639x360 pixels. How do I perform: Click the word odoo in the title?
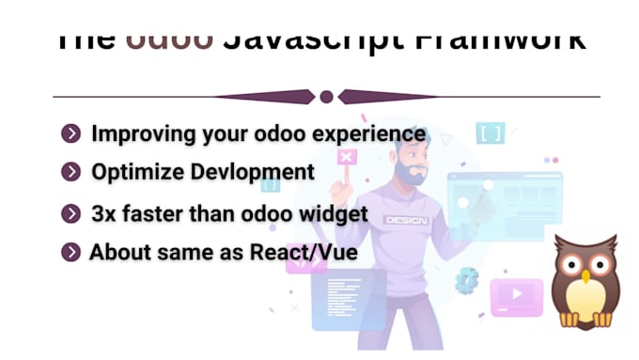pyautogui.click(x=168, y=39)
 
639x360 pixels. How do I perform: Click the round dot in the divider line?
pyautogui.click(x=326, y=97)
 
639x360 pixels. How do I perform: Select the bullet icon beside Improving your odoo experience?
pyautogui.click(x=70, y=134)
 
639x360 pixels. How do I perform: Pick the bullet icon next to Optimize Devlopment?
pyautogui.click(x=70, y=172)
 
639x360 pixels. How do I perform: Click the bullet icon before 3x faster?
pyautogui.click(x=70, y=214)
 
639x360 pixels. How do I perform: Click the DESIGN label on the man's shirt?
pyautogui.click(x=405, y=220)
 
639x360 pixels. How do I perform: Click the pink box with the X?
pyautogui.click(x=347, y=157)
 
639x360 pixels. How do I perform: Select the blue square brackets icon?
pyautogui.click(x=490, y=133)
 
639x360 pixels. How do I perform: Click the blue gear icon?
pyautogui.click(x=467, y=278)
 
